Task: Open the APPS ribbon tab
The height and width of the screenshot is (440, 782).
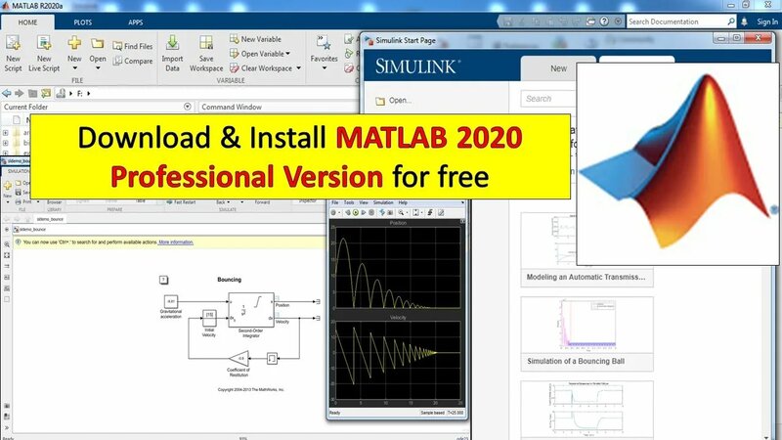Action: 135,21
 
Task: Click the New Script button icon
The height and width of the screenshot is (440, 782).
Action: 13,44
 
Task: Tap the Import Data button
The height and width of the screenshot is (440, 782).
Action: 172,44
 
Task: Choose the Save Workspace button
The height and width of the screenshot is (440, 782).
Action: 206,44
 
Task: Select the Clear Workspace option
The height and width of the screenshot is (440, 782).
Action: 264,68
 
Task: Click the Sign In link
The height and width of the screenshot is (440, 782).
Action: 767,21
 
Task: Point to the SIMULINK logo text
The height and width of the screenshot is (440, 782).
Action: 418,67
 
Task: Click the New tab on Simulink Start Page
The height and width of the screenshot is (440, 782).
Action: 558,68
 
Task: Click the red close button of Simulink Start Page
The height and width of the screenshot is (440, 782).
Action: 753,38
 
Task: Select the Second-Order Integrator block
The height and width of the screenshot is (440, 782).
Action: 243,309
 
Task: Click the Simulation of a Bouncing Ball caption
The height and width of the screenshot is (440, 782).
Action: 575,361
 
